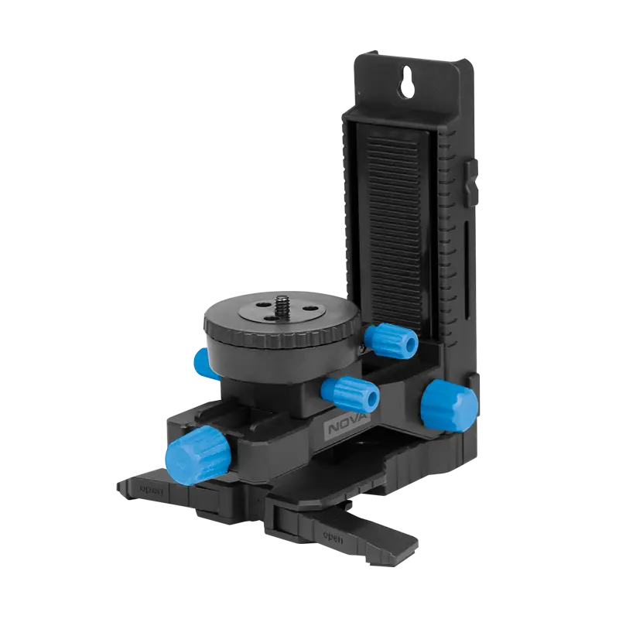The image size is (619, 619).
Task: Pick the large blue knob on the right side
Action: coord(449,405)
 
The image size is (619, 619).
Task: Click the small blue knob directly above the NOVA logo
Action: coord(351,395)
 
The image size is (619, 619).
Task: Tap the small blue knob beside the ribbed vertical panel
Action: coord(391,340)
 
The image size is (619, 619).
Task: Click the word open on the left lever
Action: coord(151,491)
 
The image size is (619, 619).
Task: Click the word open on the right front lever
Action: coord(333,537)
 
